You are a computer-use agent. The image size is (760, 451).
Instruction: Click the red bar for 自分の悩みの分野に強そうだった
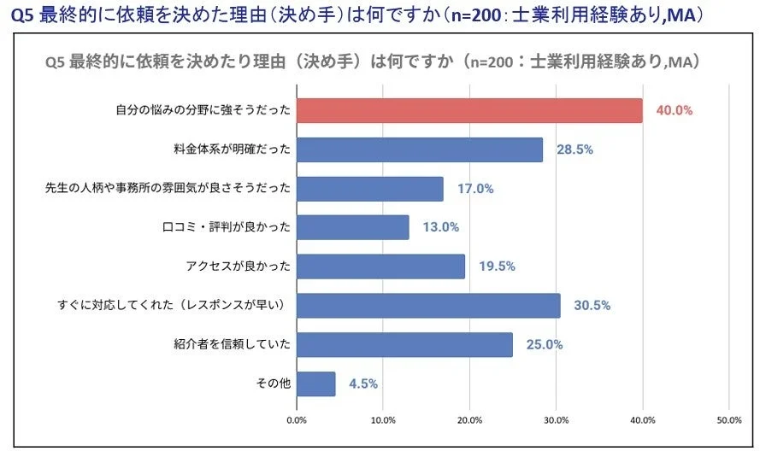(469, 110)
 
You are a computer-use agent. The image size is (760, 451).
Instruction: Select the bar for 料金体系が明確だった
(420, 149)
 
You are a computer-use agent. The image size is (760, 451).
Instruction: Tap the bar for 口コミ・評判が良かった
(352, 227)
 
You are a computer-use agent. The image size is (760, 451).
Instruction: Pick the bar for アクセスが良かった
(380, 266)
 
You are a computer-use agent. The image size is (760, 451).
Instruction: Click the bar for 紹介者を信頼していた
(404, 344)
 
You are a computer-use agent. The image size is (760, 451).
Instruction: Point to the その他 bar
(315, 384)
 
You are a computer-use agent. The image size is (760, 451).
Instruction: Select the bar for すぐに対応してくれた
(428, 305)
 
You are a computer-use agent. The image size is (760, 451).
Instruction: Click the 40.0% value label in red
(674, 110)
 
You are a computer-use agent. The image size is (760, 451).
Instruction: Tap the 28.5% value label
(574, 149)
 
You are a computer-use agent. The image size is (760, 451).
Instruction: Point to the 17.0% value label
(475, 189)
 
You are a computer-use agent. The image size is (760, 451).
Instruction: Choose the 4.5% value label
(363, 384)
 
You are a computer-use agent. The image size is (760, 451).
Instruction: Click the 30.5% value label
(592, 305)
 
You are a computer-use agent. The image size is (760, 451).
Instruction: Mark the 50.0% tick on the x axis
(728, 420)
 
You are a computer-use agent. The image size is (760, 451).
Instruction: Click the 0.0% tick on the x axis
(297, 420)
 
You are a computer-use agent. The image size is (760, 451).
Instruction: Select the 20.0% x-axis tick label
(469, 420)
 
